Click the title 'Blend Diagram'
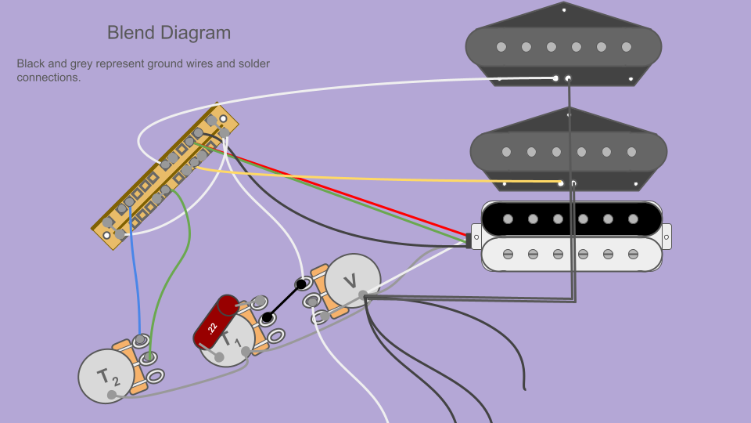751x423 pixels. [169, 33]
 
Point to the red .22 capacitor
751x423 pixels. [217, 322]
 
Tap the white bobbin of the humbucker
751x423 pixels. [571, 254]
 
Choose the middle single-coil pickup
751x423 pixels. [568, 150]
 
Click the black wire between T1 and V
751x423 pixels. [284, 302]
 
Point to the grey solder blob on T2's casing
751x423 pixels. [112, 395]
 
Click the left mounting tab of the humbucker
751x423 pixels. [476, 236]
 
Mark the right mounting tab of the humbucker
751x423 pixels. [667, 235]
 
